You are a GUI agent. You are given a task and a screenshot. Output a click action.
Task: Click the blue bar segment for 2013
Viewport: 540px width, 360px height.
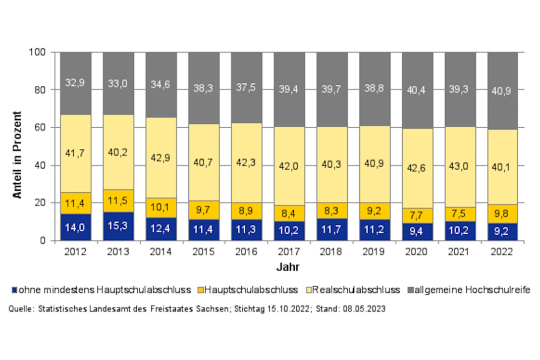click(x=119, y=226)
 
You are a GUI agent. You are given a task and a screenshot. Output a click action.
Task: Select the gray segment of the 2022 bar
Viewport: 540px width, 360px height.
click(x=503, y=91)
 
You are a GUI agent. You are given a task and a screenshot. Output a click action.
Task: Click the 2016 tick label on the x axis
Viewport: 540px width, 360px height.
click(x=247, y=251)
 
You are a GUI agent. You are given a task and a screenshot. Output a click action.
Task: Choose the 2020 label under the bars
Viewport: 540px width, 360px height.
click(x=417, y=251)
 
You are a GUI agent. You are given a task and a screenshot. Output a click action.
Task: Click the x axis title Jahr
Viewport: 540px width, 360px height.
click(x=289, y=267)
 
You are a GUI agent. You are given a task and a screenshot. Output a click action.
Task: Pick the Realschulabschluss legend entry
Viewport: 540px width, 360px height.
click(x=355, y=290)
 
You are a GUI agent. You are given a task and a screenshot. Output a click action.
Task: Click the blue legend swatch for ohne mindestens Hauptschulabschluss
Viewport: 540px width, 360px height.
click(x=15, y=290)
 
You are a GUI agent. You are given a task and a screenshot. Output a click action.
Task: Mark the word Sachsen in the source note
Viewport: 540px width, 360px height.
click(x=214, y=308)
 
